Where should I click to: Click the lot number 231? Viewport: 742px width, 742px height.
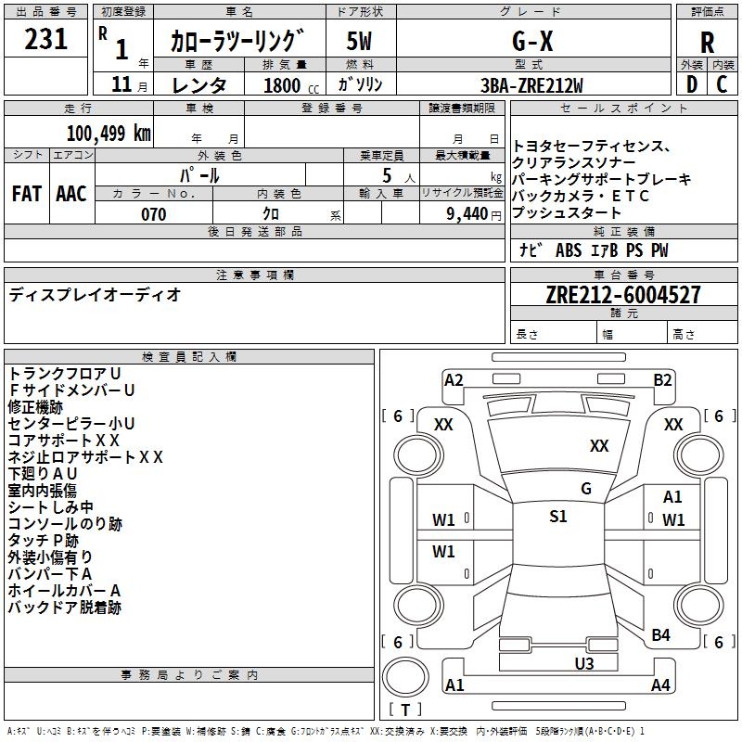pos(45,40)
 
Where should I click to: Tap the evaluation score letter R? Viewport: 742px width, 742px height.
pos(707,42)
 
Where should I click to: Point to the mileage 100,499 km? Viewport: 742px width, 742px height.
pos(109,133)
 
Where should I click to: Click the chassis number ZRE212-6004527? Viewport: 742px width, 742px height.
pos(623,295)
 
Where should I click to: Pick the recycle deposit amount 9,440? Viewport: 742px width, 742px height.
pos(468,214)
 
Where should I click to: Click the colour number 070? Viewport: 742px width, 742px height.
pos(153,214)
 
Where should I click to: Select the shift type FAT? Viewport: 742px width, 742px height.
pos(27,193)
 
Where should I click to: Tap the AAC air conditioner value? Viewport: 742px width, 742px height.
pos(71,193)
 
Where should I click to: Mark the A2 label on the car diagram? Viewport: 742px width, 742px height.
pos(454,379)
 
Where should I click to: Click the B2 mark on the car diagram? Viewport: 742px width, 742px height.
pos(662,379)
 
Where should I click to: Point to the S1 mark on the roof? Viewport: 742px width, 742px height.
pos(557,517)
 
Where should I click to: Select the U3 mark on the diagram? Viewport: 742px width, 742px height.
pos(583,662)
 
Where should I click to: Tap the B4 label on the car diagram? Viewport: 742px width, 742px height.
pos(660,634)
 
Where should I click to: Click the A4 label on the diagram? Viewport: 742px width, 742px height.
pos(660,685)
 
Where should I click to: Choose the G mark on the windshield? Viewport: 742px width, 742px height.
pos(585,489)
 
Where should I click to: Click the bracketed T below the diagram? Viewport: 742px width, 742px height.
pos(405,710)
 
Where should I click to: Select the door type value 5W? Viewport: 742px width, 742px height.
pos(360,41)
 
